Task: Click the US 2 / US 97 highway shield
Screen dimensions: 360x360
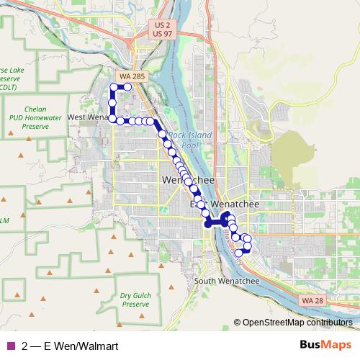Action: pyautogui.click(x=163, y=30)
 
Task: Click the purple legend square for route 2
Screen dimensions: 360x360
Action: pyautogui.click(x=11, y=346)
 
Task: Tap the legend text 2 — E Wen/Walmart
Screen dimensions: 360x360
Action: pyautogui.click(x=70, y=346)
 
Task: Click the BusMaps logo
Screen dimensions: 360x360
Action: pyautogui.click(x=326, y=345)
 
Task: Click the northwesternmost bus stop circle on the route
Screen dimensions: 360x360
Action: pyautogui.click(x=113, y=88)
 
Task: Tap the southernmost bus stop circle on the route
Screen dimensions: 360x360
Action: pyautogui.click(x=239, y=253)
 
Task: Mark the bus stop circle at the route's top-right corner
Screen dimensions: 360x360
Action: pyautogui.click(x=127, y=86)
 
